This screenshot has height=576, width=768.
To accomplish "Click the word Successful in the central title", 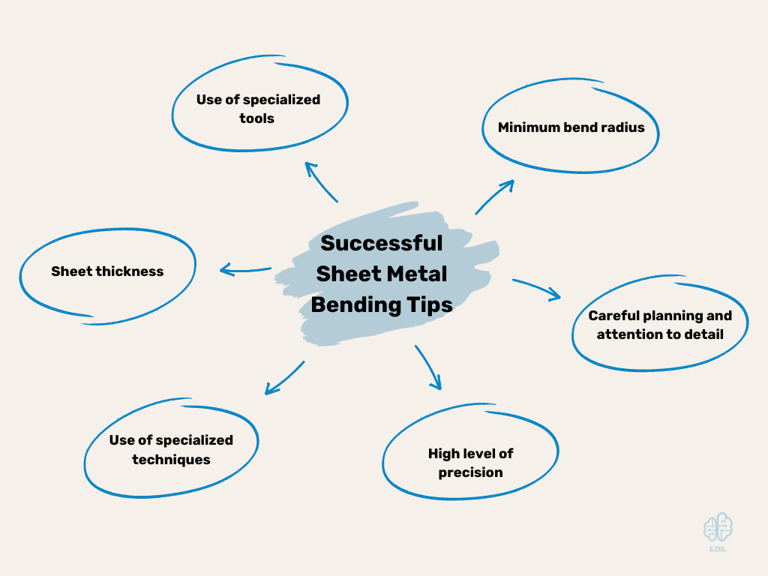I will (382, 244).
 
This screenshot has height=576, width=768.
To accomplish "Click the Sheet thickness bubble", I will (107, 271).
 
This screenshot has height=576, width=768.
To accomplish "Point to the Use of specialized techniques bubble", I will (171, 449).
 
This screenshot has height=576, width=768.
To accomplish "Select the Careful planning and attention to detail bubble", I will (660, 325).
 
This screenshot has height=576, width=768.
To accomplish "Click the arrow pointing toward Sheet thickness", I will (244, 270).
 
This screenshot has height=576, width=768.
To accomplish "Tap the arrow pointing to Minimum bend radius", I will (494, 196).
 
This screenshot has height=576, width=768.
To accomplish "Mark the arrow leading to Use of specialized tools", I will (320, 181).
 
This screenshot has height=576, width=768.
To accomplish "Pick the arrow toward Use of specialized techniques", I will (284, 378).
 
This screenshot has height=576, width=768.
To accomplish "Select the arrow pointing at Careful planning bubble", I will (537, 289).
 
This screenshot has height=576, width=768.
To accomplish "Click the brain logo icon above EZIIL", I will (718, 527).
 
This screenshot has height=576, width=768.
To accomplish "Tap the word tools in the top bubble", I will (257, 118).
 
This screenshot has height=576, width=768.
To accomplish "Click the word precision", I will (470, 472).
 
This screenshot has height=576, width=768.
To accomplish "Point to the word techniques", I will (171, 459).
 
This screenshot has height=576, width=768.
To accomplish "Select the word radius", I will (622, 127).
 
